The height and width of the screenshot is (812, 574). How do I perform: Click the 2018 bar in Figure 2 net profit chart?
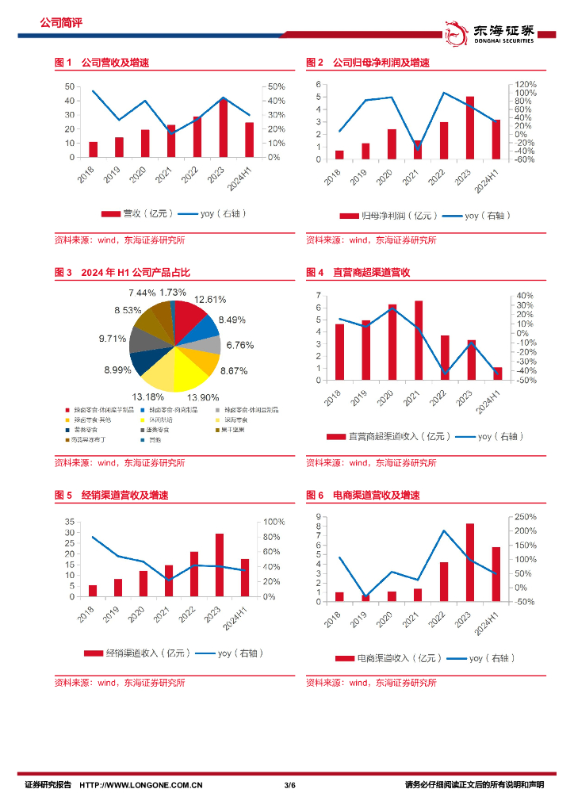(339, 155)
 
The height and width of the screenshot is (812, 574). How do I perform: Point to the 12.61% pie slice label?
(210, 299)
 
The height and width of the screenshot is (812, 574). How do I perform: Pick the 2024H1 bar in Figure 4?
(497, 373)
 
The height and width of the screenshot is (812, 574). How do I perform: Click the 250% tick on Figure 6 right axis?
(526, 516)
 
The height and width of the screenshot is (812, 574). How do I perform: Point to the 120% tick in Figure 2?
(526, 84)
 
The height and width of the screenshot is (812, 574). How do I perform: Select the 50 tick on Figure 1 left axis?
(70, 86)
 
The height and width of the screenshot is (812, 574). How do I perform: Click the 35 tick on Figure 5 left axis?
(70, 522)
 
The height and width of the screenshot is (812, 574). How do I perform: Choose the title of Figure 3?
(122, 273)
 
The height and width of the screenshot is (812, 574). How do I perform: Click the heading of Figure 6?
(362, 496)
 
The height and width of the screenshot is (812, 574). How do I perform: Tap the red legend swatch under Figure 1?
(109, 214)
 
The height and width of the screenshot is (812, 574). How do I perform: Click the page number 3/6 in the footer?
(289, 785)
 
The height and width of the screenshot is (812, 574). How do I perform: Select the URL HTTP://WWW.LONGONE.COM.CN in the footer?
(143, 785)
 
